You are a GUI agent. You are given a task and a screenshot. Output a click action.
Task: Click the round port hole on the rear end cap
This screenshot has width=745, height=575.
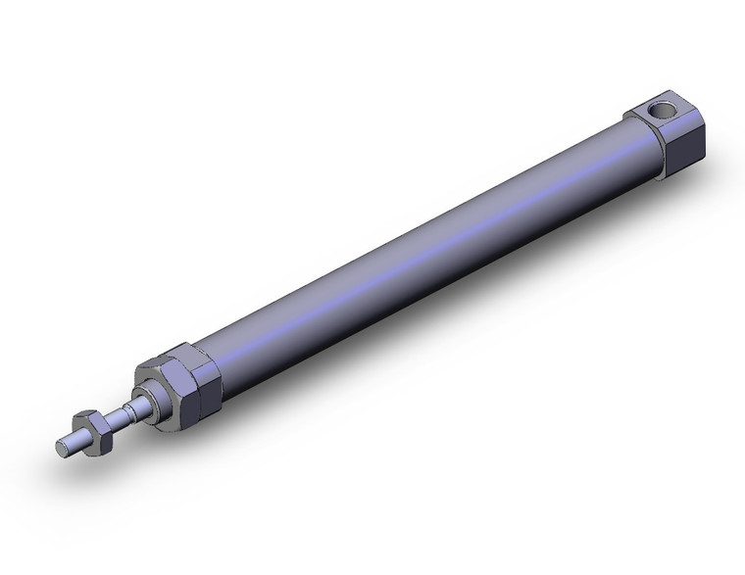coord(662,111)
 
